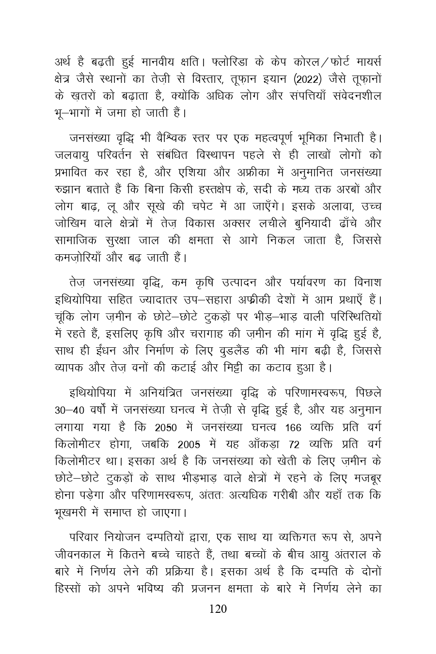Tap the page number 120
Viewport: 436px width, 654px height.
click(218, 609)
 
